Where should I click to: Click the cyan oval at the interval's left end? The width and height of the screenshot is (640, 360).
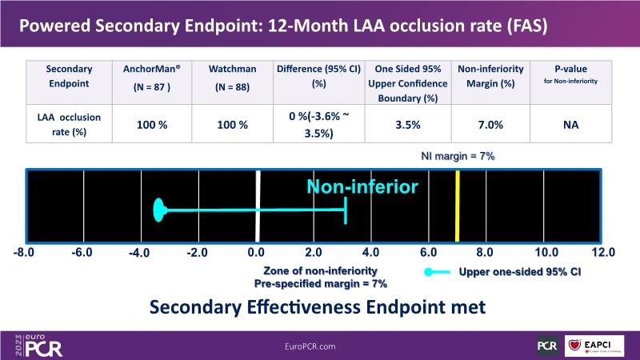[x=159, y=211]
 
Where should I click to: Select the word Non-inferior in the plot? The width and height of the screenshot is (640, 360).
[x=362, y=187]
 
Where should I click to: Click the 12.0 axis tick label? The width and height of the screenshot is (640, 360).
[x=602, y=253]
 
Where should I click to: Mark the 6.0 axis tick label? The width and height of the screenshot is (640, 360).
[x=428, y=253]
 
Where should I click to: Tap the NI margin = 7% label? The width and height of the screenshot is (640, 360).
[x=458, y=156]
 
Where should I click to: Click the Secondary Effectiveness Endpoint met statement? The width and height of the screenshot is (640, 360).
[x=317, y=308]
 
